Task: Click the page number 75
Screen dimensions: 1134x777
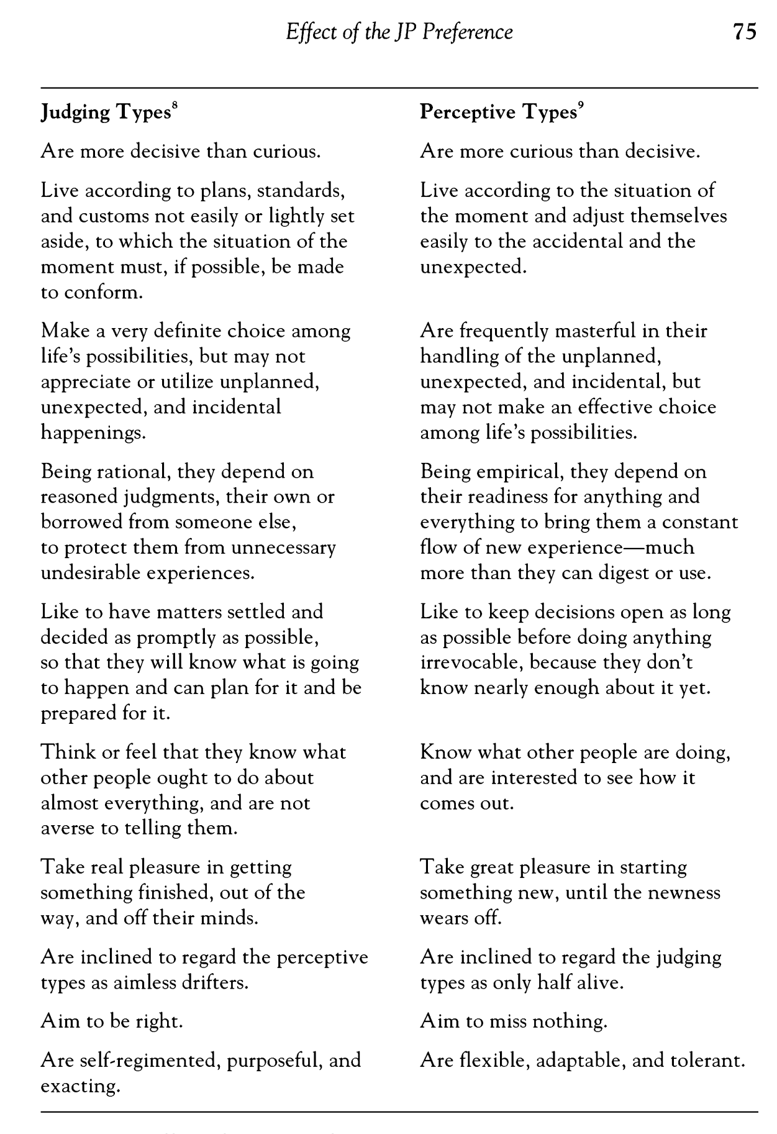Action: click(744, 32)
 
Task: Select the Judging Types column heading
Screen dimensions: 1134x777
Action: click(106, 112)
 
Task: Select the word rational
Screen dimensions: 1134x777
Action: click(132, 472)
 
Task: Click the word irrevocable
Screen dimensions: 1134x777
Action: click(471, 662)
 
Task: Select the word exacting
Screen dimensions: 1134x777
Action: click(80, 1086)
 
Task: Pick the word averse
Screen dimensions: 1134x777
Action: click(68, 828)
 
